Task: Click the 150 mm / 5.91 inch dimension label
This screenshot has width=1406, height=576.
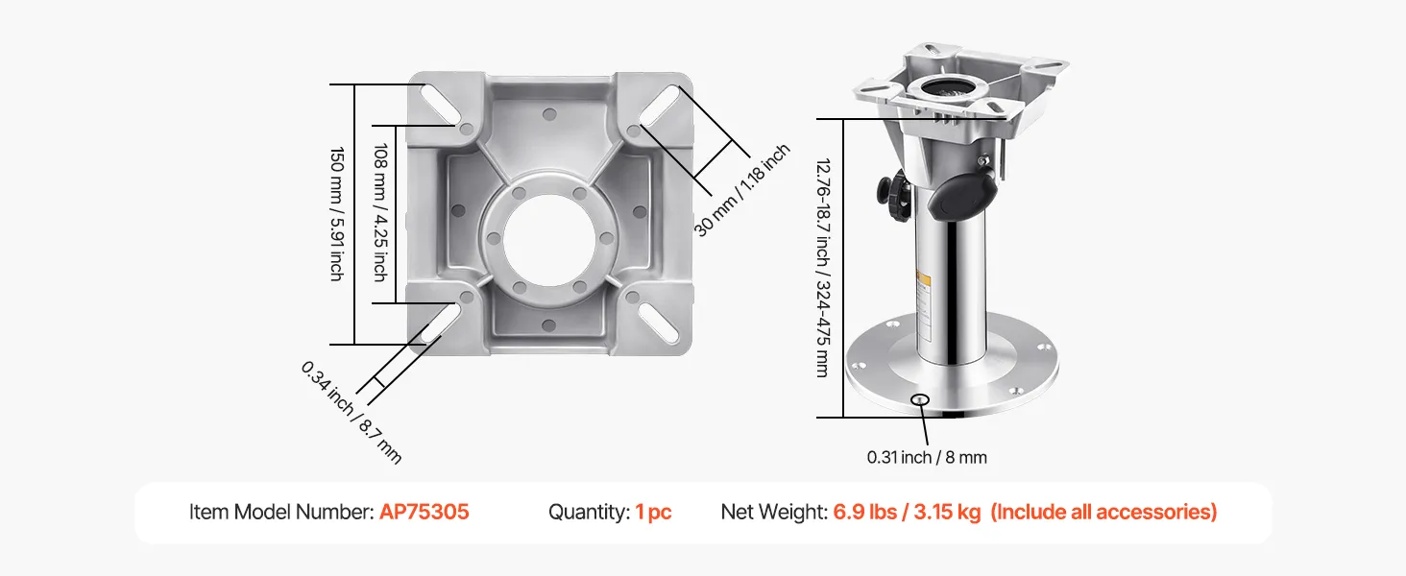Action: pos(337,214)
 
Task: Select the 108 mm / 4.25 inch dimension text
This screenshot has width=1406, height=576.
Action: pos(380,212)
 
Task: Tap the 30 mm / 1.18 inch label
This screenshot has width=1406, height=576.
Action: pos(741,190)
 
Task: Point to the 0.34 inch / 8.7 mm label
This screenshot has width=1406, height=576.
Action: pos(351,412)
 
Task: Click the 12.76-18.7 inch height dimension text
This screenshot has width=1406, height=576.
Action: pos(823,268)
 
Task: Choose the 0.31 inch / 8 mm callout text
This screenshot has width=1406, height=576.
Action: pos(927,457)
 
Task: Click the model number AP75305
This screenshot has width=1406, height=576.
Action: pos(424,512)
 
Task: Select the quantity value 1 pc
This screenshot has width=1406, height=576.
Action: pos(653,512)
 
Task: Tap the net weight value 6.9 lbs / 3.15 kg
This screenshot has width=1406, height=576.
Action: pos(907,512)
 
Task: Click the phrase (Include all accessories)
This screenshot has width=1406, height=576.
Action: pos(1103,512)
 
